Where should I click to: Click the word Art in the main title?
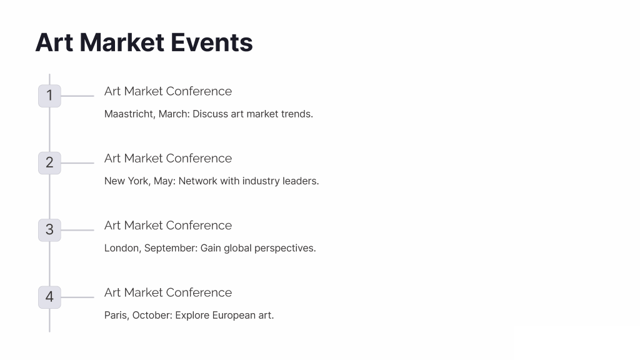54,42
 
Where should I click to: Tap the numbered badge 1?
49,96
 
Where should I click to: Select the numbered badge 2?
49,163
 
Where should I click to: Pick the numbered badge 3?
49,230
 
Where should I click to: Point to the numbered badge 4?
49,297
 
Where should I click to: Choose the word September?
171,249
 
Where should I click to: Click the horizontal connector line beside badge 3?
77,230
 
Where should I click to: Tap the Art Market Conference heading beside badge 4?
168,292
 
